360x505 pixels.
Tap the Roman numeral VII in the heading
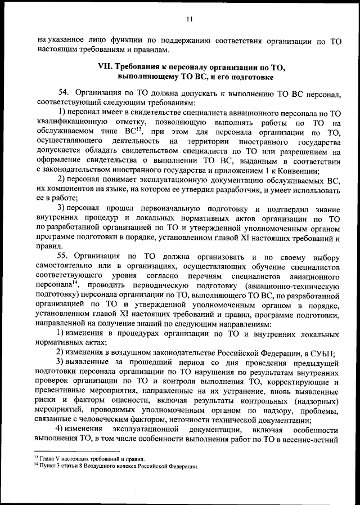(x=106, y=67)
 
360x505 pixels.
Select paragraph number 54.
(x=65, y=91)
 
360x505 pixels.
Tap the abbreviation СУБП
(x=320, y=354)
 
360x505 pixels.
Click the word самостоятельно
(x=63, y=264)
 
